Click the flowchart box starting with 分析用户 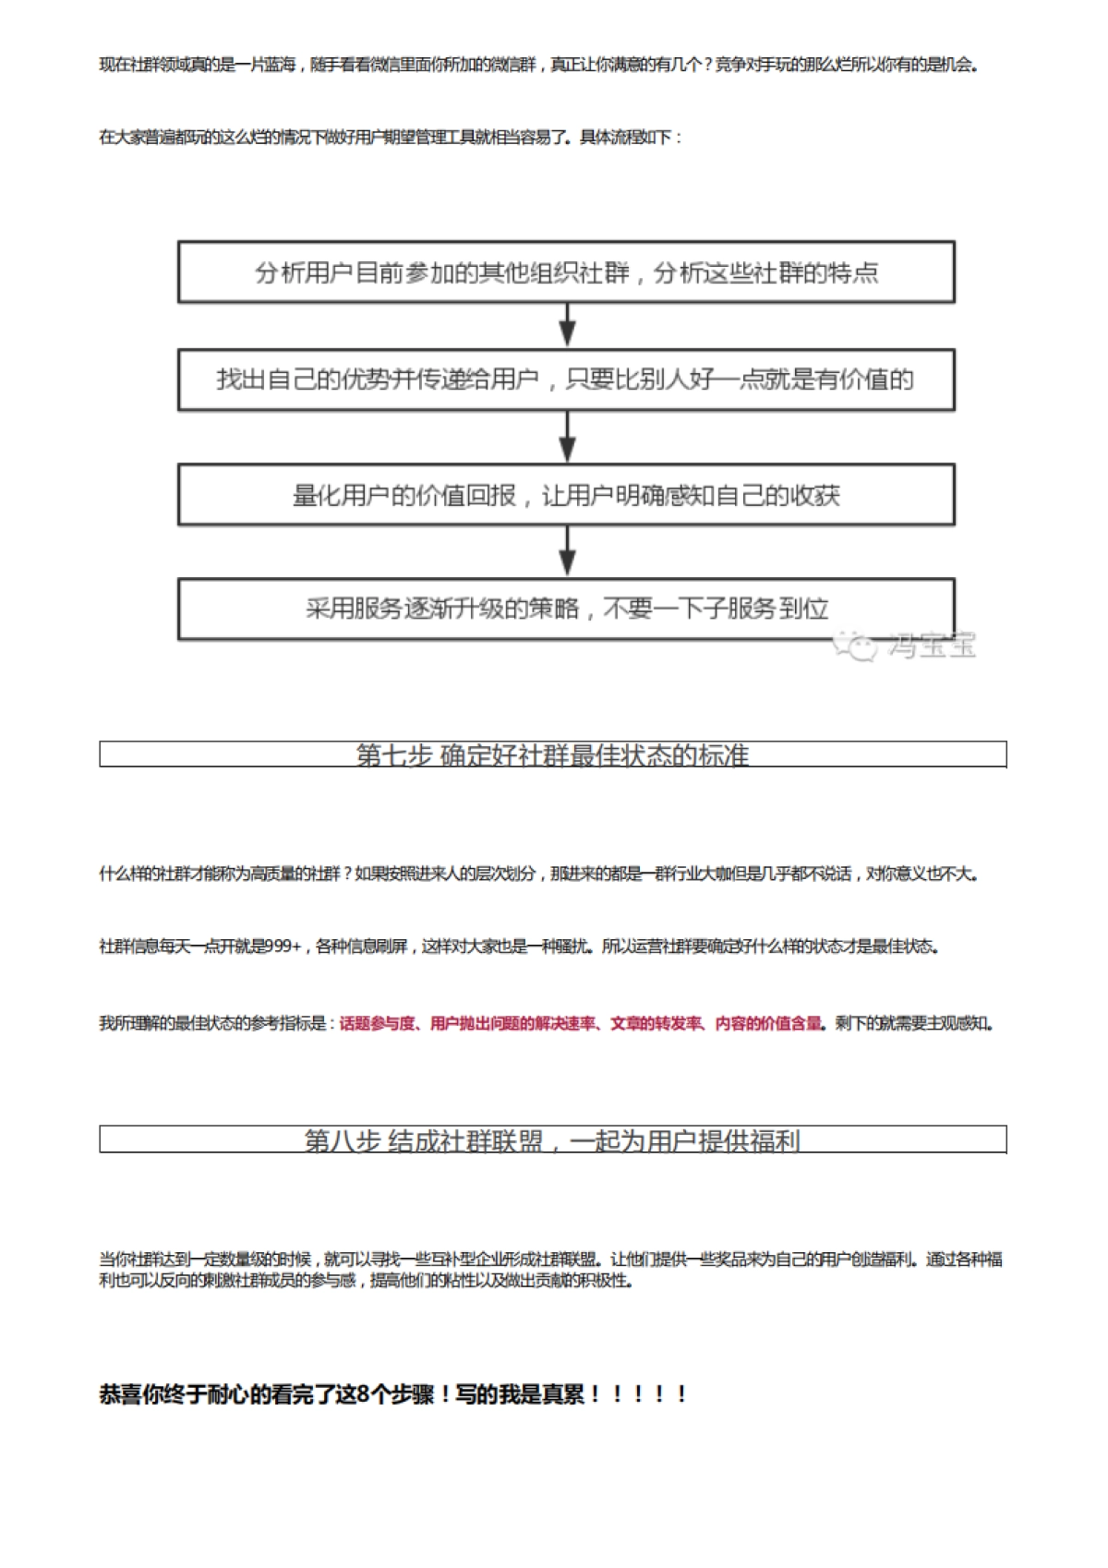(566, 272)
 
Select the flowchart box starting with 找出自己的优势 (566, 380)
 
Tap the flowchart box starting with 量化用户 (566, 495)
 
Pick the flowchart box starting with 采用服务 (566, 609)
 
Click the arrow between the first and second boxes (568, 325)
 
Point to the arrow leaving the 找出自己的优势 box (568, 437)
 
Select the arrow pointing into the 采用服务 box (568, 552)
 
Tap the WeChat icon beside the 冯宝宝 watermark (855, 645)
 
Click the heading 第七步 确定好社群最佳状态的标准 (552, 755)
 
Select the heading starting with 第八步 (552, 1140)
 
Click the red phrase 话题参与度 (377, 1023)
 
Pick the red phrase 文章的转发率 (656, 1023)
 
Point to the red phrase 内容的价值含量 (768, 1023)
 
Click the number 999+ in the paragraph (283, 947)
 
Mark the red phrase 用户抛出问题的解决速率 (513, 1023)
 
